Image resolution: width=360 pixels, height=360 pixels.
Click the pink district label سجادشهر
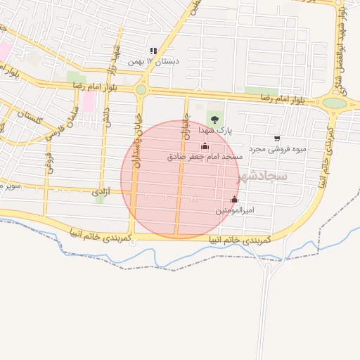click(x=262, y=175)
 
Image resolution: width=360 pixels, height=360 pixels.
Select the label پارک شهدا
click(x=214, y=130)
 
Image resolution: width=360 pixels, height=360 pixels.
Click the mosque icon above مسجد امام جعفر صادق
click(x=205, y=146)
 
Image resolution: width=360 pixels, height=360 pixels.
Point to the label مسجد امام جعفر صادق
click(x=205, y=156)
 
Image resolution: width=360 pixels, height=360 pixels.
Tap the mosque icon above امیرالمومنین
click(x=234, y=199)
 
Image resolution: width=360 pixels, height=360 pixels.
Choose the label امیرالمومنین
click(x=234, y=210)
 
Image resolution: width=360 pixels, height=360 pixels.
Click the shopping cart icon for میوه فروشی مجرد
click(x=277, y=139)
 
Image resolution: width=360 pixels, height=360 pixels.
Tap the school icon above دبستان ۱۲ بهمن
click(x=153, y=51)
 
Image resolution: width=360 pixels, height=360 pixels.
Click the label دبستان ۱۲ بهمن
click(x=153, y=62)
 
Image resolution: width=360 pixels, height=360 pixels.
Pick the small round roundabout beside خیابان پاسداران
click(x=141, y=90)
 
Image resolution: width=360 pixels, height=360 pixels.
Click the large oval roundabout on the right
click(x=335, y=103)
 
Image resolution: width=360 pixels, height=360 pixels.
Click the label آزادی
click(x=102, y=191)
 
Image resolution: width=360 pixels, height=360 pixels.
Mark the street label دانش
click(x=107, y=118)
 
